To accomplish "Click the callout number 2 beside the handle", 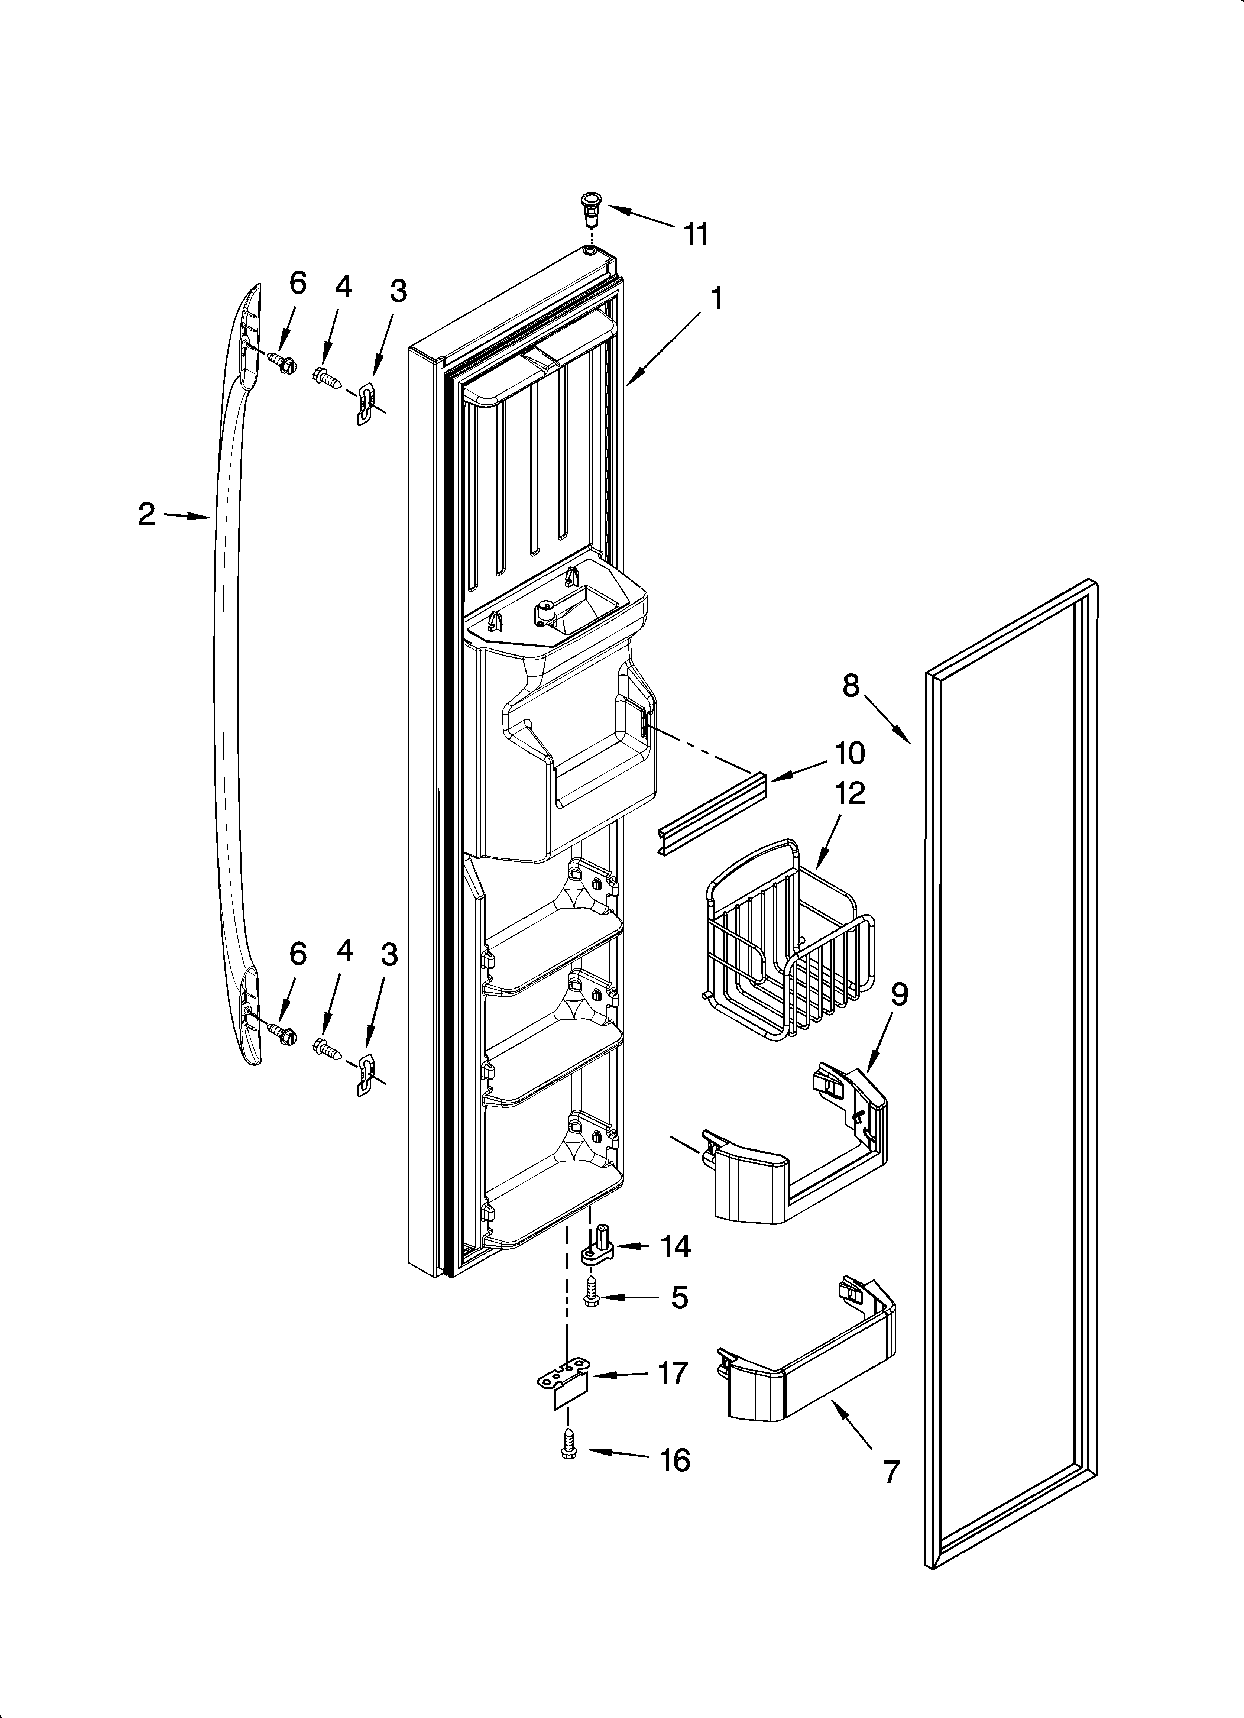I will pyautogui.click(x=146, y=514).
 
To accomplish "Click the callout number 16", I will pyautogui.click(x=674, y=1460).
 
